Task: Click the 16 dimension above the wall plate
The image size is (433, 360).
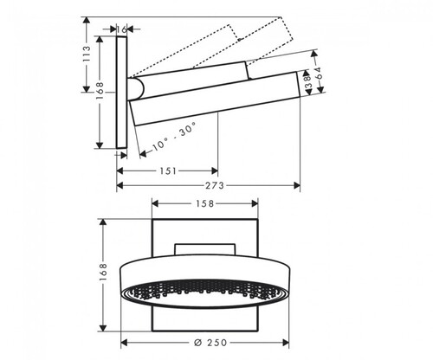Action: click(122, 29)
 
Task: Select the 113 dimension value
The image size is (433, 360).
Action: click(87, 54)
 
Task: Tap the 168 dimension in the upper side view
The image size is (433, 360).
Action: click(100, 91)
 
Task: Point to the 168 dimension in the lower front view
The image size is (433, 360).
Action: click(103, 272)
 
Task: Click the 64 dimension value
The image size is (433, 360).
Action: click(318, 74)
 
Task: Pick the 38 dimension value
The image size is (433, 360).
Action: click(307, 81)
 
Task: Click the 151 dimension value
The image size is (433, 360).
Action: click(168, 170)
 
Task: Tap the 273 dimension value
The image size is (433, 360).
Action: click(215, 185)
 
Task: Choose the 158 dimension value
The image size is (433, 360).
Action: click(205, 203)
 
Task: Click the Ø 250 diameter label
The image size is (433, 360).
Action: click(210, 343)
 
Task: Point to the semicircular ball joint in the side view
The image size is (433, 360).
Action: click(136, 88)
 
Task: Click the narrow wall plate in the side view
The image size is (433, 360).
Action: click(122, 93)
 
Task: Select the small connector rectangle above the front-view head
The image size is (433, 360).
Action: click(205, 250)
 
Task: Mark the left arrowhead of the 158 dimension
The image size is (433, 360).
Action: click(156, 203)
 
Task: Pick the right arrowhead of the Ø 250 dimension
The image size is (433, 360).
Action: click(285, 343)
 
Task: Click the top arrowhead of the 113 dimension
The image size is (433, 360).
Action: click(87, 21)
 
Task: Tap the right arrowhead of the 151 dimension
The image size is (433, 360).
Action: click(214, 170)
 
